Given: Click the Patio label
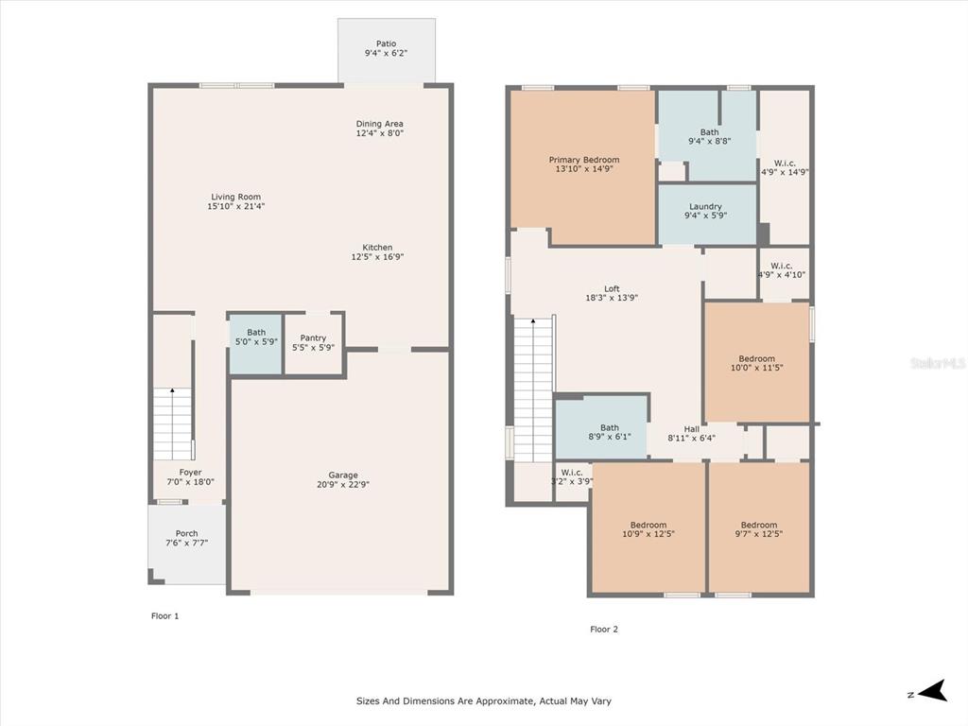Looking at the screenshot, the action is click(386, 43).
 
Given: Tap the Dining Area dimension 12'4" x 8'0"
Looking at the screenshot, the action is click(380, 132).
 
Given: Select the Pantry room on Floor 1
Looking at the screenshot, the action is click(314, 344).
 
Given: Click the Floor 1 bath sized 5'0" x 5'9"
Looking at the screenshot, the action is click(256, 344).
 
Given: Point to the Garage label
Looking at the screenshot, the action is click(343, 475).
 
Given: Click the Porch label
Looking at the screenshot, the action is click(186, 533).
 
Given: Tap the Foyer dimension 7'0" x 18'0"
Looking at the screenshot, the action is click(191, 482).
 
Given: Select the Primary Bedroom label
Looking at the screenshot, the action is click(584, 160).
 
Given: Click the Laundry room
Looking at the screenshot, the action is click(707, 215).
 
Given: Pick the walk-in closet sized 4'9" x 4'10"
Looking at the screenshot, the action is click(784, 273).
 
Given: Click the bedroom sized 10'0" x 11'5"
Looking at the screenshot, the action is click(757, 362).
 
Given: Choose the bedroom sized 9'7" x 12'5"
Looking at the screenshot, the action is click(759, 528).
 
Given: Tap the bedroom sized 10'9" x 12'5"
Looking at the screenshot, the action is click(648, 528).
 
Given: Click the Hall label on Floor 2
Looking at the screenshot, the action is click(691, 429).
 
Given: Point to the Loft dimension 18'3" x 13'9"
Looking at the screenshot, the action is click(612, 298).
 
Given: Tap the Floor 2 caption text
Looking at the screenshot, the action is click(604, 629).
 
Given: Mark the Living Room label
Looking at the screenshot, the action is click(235, 197).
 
